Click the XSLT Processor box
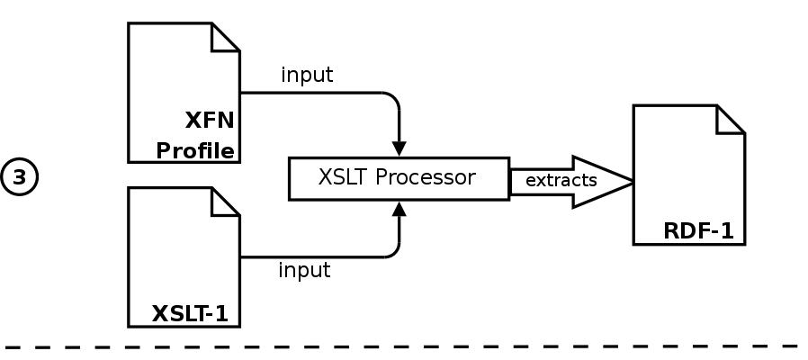pyautogui.click(x=398, y=177)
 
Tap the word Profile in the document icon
pyautogui.click(x=195, y=149)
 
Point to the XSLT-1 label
pyautogui.click(x=189, y=314)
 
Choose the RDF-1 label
pyautogui.click(x=698, y=231)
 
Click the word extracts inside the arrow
pyautogui.click(x=561, y=180)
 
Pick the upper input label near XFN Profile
pyautogui.click(x=306, y=75)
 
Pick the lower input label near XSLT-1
pyautogui.click(x=304, y=269)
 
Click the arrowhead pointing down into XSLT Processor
pyautogui.click(x=399, y=148)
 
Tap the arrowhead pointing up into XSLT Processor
pyautogui.click(x=399, y=208)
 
